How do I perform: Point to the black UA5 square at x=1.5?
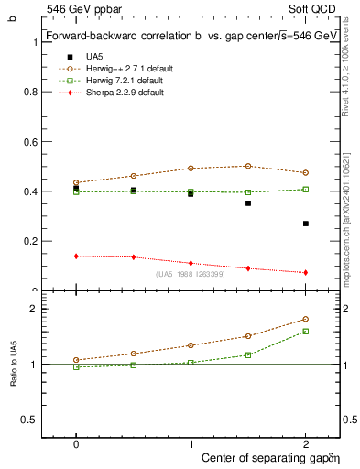pos(248,203)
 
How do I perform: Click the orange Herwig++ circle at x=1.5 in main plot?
pos(248,166)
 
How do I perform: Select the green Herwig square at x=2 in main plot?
pos(306,189)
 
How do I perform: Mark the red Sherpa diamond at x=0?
pos(76,256)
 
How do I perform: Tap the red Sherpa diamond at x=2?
pos(306,272)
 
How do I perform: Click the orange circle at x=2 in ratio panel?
pos(306,319)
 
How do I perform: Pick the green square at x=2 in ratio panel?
pos(306,332)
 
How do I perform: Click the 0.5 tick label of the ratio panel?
pos(28,420)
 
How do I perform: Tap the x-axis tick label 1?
pos(191,442)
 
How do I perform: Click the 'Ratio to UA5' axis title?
pos(13,365)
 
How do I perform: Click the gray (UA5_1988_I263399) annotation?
pos(191,274)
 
